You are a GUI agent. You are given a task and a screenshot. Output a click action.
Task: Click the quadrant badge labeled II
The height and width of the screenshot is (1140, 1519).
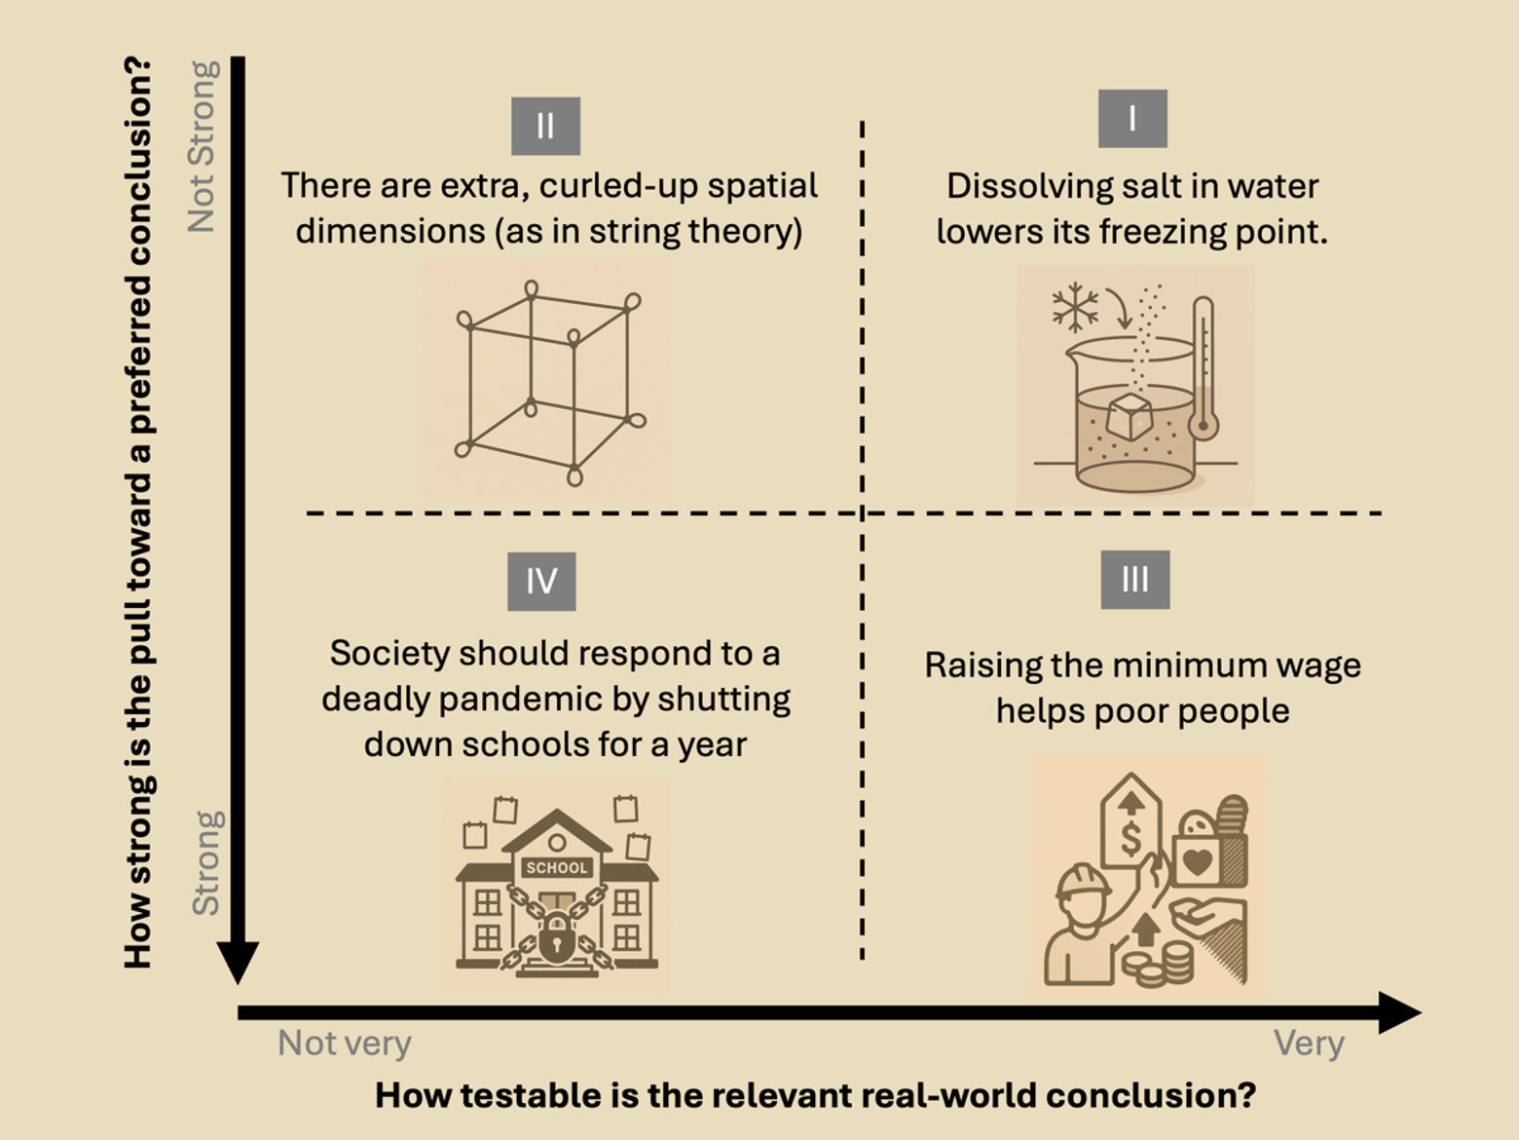[545, 126]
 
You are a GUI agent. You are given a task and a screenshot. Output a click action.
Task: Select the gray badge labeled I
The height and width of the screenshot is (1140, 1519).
[1132, 119]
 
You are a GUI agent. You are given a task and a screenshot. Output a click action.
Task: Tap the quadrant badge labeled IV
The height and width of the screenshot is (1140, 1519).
[541, 582]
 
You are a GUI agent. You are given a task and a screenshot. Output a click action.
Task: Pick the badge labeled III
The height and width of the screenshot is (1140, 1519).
[1134, 580]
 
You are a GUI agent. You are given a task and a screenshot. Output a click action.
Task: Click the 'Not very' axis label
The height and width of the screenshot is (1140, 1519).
[345, 1044]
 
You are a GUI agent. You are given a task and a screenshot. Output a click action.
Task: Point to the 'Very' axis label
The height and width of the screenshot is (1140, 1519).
[1309, 1044]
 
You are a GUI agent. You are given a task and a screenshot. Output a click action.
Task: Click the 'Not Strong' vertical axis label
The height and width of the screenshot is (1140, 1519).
[203, 146]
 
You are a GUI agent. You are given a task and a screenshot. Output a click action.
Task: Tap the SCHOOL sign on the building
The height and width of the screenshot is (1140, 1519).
[556, 867]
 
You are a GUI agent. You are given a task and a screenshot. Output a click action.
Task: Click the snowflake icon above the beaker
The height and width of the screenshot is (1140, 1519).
[1075, 308]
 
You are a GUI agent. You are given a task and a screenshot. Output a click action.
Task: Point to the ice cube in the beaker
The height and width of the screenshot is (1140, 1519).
[1130, 416]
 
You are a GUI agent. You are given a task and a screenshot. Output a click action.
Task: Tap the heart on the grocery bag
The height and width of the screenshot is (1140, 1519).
[1197, 861]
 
